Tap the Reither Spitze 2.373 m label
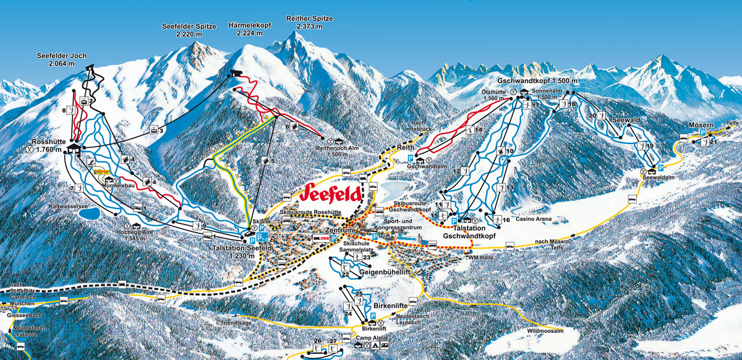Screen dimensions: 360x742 (309, 22)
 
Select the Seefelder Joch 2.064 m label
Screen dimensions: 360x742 (61, 59)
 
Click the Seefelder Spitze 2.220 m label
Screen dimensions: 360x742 (189, 30)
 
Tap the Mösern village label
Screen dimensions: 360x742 (701, 126)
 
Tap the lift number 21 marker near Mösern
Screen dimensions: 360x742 (714, 142)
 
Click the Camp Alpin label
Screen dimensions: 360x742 (371, 338)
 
